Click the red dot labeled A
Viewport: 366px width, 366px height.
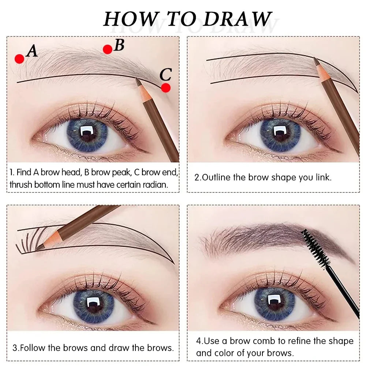click(19, 59)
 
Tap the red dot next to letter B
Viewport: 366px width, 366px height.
click(107, 49)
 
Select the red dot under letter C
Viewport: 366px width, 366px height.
click(166, 88)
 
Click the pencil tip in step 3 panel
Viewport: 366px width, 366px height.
click(39, 248)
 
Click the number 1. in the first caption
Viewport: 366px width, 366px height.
click(12, 172)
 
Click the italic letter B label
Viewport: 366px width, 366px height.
click(119, 45)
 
